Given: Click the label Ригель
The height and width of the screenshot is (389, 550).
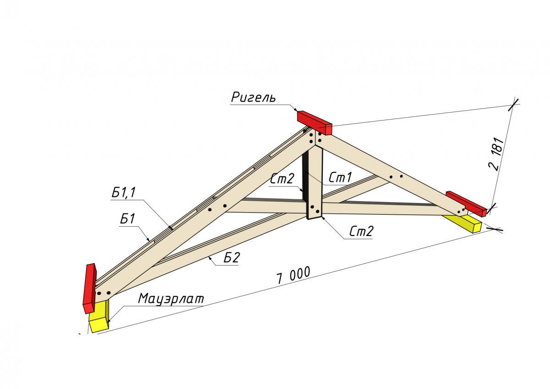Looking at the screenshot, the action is point(253,97).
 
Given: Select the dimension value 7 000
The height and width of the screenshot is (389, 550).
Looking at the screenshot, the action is point(293,276).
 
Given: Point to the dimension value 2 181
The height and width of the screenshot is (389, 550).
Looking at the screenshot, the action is point(496,154).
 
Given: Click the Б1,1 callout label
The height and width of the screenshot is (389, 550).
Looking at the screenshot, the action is point(123,192).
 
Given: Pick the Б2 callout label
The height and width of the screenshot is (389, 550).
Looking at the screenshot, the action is point(231,258).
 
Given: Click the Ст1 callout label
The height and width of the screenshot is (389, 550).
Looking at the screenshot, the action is point(340,177).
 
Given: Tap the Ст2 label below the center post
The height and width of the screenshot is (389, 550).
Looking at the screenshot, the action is point(361,231).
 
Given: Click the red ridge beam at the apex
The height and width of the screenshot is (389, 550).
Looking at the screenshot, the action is point(314,122).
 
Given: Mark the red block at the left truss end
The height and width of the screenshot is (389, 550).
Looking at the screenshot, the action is point(90,288).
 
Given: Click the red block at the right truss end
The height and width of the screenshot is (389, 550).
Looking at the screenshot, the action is point(466,204).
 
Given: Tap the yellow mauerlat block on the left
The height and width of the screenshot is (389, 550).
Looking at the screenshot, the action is point(99,316).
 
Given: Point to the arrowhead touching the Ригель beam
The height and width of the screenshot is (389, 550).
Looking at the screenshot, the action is point(296,110).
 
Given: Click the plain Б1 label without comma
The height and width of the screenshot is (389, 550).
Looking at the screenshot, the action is point(127,219).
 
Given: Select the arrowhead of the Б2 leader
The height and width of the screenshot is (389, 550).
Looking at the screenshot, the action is point(209,257).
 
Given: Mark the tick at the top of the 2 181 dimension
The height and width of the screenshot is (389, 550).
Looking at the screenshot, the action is point(513,104).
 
